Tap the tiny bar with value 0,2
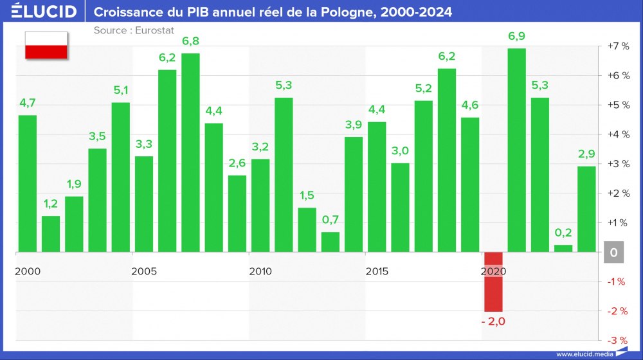[563, 248]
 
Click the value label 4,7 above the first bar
[28, 102]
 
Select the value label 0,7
[331, 220]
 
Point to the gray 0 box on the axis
[613, 253]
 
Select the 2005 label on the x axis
[144, 271]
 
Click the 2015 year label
[377, 271]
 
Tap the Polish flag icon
[46, 45]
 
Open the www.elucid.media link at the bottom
[584, 354]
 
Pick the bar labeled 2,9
[586, 209]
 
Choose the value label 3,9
[354, 124]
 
